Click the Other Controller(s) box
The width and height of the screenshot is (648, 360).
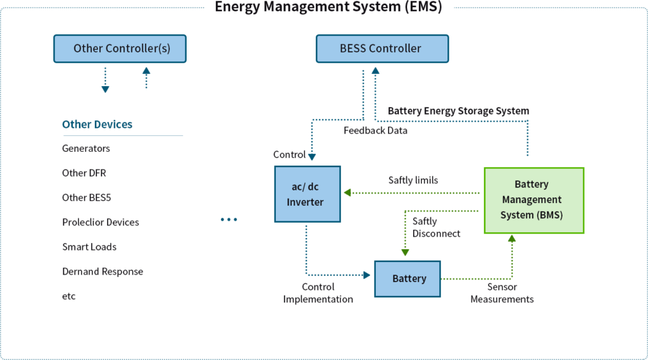[120, 49]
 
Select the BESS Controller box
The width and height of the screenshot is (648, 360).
[382, 49]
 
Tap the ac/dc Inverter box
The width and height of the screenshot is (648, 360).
[308, 194]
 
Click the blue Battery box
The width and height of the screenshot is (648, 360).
[408, 278]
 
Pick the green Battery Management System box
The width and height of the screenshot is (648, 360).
[533, 199]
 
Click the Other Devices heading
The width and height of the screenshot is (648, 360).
[97, 124]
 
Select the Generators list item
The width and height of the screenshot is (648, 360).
[86, 148]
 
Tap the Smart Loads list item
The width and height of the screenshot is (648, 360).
[89, 247]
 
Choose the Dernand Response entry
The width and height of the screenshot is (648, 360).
[103, 271]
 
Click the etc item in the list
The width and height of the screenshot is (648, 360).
[69, 296]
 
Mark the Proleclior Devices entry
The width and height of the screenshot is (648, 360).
[101, 222]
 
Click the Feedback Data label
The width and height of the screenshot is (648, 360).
[375, 130]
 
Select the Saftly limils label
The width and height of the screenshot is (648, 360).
[413, 180]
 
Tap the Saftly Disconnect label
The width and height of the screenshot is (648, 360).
[436, 227]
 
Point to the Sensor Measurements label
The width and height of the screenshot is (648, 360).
[502, 293]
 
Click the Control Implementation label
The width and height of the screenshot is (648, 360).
[318, 293]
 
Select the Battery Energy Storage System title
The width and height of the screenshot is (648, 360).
[458, 111]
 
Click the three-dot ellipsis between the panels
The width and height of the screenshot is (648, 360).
[229, 220]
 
